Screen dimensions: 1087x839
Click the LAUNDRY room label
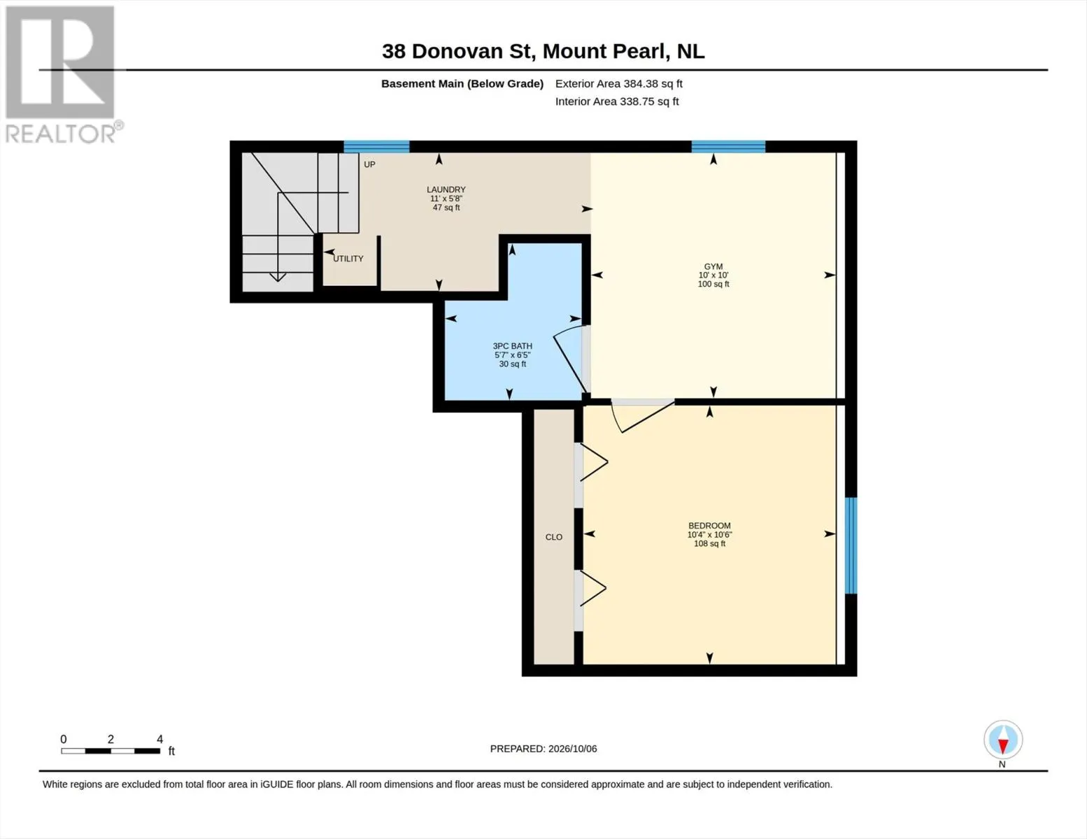click(x=446, y=189)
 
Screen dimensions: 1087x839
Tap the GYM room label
click(x=713, y=266)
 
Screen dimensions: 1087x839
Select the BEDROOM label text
click(x=709, y=526)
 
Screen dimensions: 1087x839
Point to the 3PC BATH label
click(x=512, y=346)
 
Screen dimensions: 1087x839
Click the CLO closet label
click(x=554, y=537)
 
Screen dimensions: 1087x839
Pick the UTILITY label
click(x=348, y=259)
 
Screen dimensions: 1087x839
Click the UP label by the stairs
click(x=369, y=164)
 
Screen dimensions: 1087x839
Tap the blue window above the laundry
click(x=377, y=147)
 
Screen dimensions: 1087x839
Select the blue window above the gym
click(x=728, y=147)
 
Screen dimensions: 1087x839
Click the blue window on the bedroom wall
click(x=851, y=545)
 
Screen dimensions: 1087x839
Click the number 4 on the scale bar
click(x=160, y=739)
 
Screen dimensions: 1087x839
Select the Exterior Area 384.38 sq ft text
click(x=619, y=83)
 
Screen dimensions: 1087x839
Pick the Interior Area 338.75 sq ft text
click(x=617, y=101)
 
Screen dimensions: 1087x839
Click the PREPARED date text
click(x=543, y=749)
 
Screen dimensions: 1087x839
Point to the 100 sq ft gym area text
click(x=713, y=284)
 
